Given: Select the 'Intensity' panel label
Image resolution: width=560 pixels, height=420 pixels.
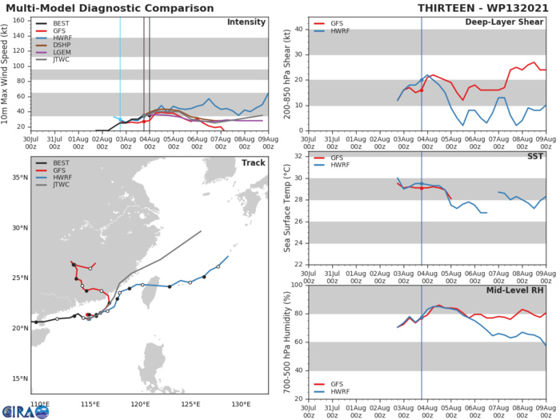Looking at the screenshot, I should [x=246, y=22].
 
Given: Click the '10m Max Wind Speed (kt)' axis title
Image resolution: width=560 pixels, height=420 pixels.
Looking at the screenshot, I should [x=7, y=74].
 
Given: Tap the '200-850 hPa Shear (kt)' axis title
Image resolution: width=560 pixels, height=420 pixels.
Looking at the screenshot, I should [x=285, y=74].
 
